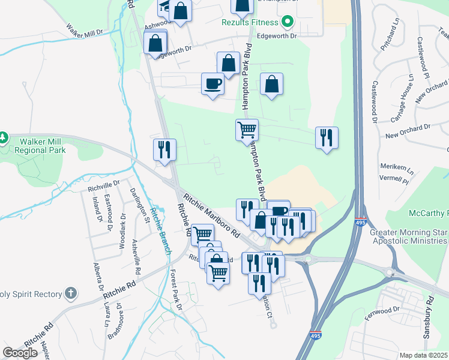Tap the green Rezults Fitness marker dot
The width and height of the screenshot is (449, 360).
[287, 22]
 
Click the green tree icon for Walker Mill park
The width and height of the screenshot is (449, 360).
[4, 139]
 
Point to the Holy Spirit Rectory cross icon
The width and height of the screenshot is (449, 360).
[71, 294]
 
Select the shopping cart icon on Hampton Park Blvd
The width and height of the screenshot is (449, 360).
[247, 129]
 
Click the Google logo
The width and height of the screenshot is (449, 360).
[20, 353]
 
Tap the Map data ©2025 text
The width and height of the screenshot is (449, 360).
[423, 355]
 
